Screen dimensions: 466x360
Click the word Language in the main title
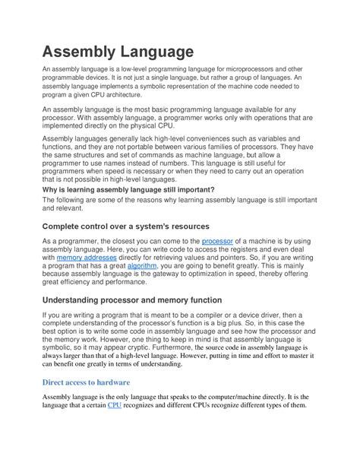pyautogui.click(x=156, y=52)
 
